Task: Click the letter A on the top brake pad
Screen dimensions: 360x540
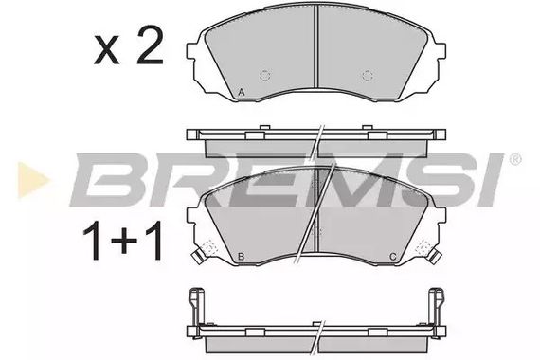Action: tap(243, 91)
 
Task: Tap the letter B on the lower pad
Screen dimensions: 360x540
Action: tap(243, 258)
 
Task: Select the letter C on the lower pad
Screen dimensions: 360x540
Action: tap(392, 258)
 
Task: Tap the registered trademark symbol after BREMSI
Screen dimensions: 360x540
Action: tap(515, 157)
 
